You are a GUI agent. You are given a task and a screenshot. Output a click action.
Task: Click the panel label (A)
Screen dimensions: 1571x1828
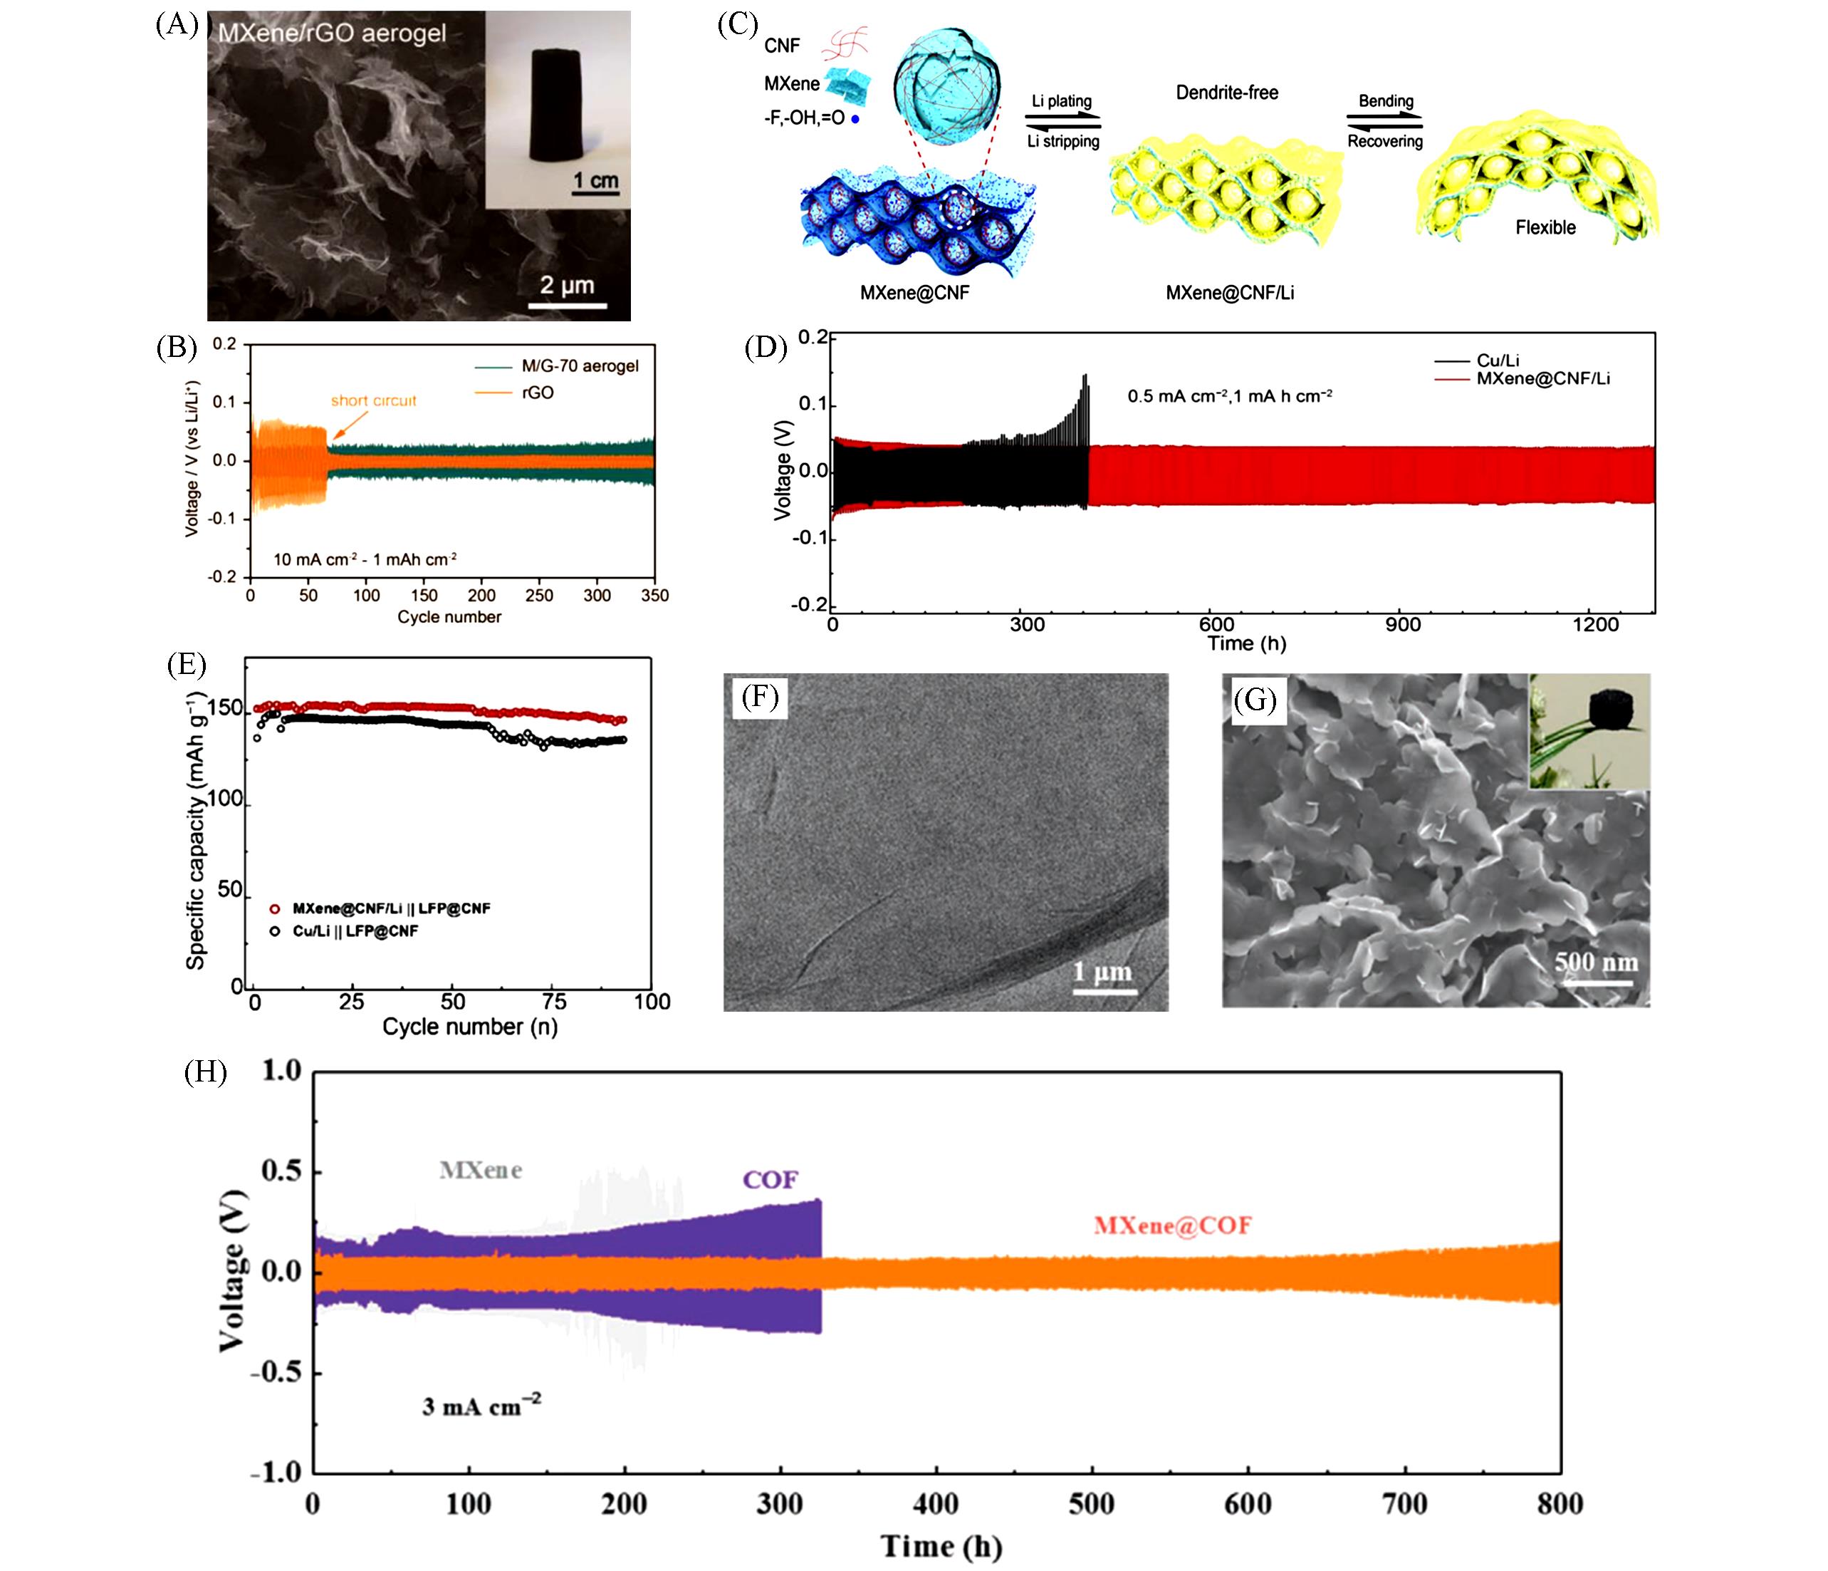click(177, 25)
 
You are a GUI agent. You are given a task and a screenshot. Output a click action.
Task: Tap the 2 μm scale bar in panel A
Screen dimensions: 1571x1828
click(568, 306)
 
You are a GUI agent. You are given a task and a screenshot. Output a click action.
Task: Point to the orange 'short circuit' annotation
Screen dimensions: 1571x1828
click(373, 400)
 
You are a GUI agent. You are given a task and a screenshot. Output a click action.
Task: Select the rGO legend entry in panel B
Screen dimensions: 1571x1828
click(537, 393)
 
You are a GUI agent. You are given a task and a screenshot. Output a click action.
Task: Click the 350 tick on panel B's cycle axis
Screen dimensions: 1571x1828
click(654, 596)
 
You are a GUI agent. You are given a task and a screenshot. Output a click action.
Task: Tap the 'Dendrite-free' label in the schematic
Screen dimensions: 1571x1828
click(1226, 93)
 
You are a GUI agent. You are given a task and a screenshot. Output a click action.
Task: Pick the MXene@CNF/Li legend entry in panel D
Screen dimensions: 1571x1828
click(1542, 378)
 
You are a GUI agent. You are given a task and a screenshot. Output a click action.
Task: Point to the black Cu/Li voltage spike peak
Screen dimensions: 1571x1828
click(1085, 377)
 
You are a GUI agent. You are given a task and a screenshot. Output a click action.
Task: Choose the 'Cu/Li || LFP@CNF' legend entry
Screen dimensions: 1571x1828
click(355, 931)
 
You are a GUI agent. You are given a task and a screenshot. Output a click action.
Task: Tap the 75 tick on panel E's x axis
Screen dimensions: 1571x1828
click(554, 1002)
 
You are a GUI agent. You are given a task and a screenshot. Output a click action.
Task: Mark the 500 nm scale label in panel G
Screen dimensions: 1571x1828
click(1595, 962)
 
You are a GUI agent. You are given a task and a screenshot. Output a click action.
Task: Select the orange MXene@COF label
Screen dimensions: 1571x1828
click(1172, 1225)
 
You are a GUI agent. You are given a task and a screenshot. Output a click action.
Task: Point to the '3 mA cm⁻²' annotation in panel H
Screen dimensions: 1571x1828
click(481, 1405)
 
